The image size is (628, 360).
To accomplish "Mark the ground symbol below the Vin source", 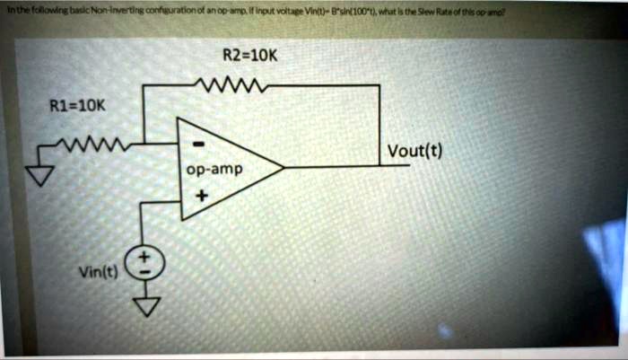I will click(x=144, y=308).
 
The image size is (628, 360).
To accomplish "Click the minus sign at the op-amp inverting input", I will click(x=199, y=142).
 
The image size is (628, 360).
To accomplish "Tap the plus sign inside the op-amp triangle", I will click(x=199, y=191).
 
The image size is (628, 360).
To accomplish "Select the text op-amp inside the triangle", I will click(x=209, y=168).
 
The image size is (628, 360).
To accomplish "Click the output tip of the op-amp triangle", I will click(x=283, y=167).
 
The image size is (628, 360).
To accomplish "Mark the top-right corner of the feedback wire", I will click(x=380, y=87).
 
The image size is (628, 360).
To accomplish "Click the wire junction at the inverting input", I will click(x=144, y=143).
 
